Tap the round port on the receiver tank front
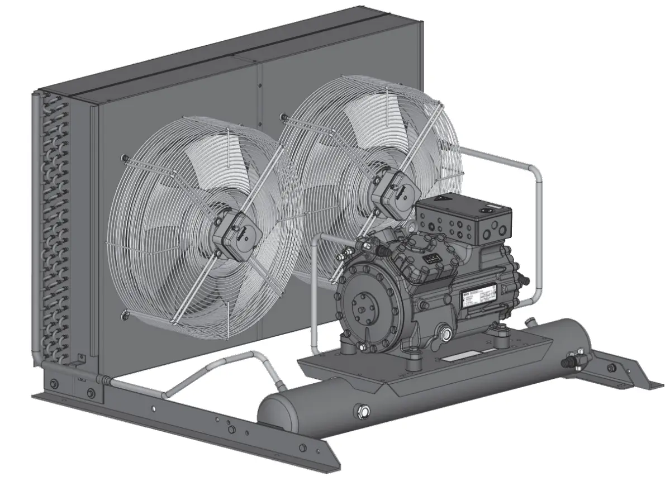[x=364, y=412]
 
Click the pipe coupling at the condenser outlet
[x=103, y=380]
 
